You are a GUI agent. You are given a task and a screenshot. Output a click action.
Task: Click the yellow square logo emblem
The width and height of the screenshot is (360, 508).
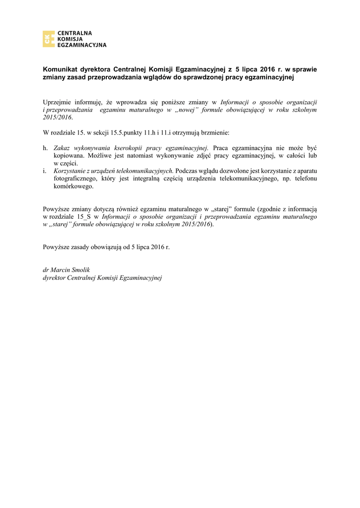pos(49,39)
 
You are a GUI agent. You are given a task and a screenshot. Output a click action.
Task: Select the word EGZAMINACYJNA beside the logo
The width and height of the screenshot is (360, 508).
pos(82,45)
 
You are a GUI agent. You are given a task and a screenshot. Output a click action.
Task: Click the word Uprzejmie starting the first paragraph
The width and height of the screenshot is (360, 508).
pos(58,102)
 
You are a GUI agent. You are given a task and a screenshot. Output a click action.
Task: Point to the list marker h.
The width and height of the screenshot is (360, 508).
pos(45,148)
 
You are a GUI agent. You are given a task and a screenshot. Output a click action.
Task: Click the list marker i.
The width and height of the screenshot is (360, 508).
pos(44,171)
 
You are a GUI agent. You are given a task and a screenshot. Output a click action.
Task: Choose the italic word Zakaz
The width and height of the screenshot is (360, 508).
pos(62,148)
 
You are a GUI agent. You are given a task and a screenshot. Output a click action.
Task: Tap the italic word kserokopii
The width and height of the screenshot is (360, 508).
pos(129,148)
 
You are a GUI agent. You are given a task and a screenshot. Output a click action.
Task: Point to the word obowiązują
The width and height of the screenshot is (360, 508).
pos(102,247)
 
